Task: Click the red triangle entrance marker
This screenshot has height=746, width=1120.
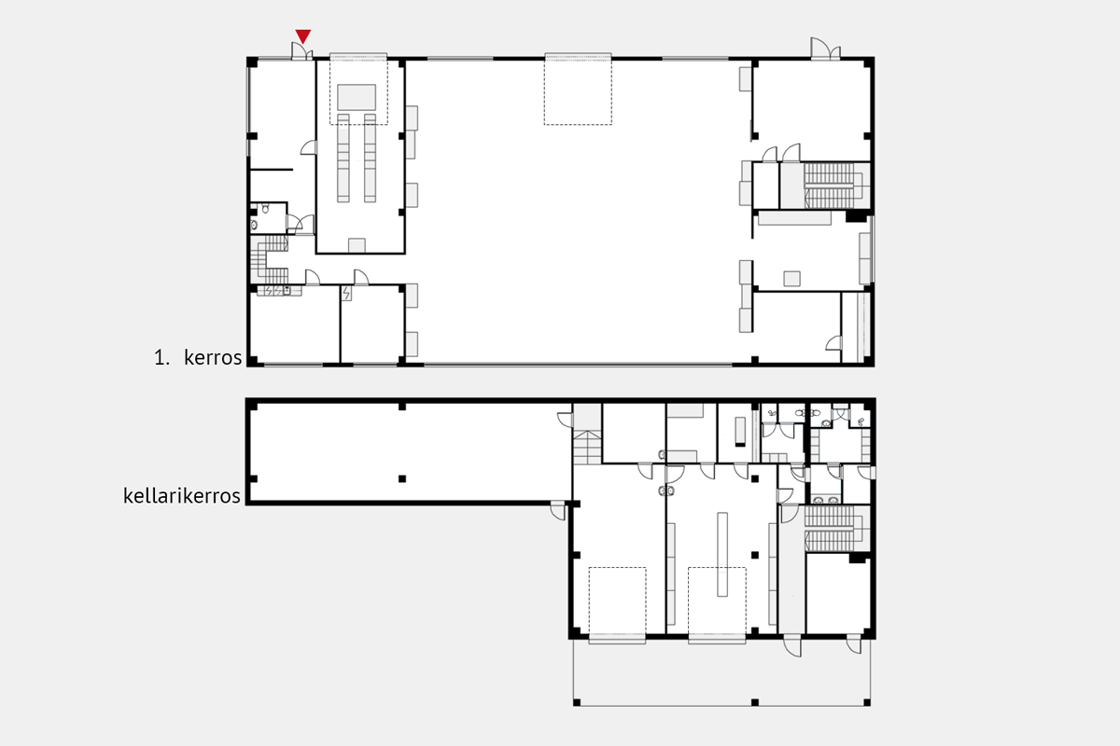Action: tap(303, 36)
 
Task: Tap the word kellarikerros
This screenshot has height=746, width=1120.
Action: tap(182, 496)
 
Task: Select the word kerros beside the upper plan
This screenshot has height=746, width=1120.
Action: tap(213, 357)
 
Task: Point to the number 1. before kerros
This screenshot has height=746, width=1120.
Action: tap(161, 358)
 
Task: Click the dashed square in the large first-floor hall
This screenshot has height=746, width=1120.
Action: tap(578, 89)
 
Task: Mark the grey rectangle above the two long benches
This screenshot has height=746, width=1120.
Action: tap(357, 97)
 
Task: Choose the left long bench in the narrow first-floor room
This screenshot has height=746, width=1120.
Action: tap(343, 158)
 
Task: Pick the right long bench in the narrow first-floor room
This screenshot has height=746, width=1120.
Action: tap(370, 158)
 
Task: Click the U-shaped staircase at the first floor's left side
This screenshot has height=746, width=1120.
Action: tap(270, 259)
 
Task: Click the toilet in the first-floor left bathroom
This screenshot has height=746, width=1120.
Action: tap(265, 208)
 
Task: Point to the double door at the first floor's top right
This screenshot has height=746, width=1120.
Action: tap(825, 48)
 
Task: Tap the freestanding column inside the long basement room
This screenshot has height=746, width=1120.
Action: tap(402, 478)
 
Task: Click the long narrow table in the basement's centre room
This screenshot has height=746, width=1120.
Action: tap(722, 554)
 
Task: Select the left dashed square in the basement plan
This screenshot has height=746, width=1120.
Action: tap(618, 603)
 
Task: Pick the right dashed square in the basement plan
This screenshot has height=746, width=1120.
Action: tap(717, 603)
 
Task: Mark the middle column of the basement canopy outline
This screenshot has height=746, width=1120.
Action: tap(755, 702)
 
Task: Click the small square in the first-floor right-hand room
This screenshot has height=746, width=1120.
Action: tap(792, 278)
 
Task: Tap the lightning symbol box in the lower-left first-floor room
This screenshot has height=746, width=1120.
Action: tap(346, 294)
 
